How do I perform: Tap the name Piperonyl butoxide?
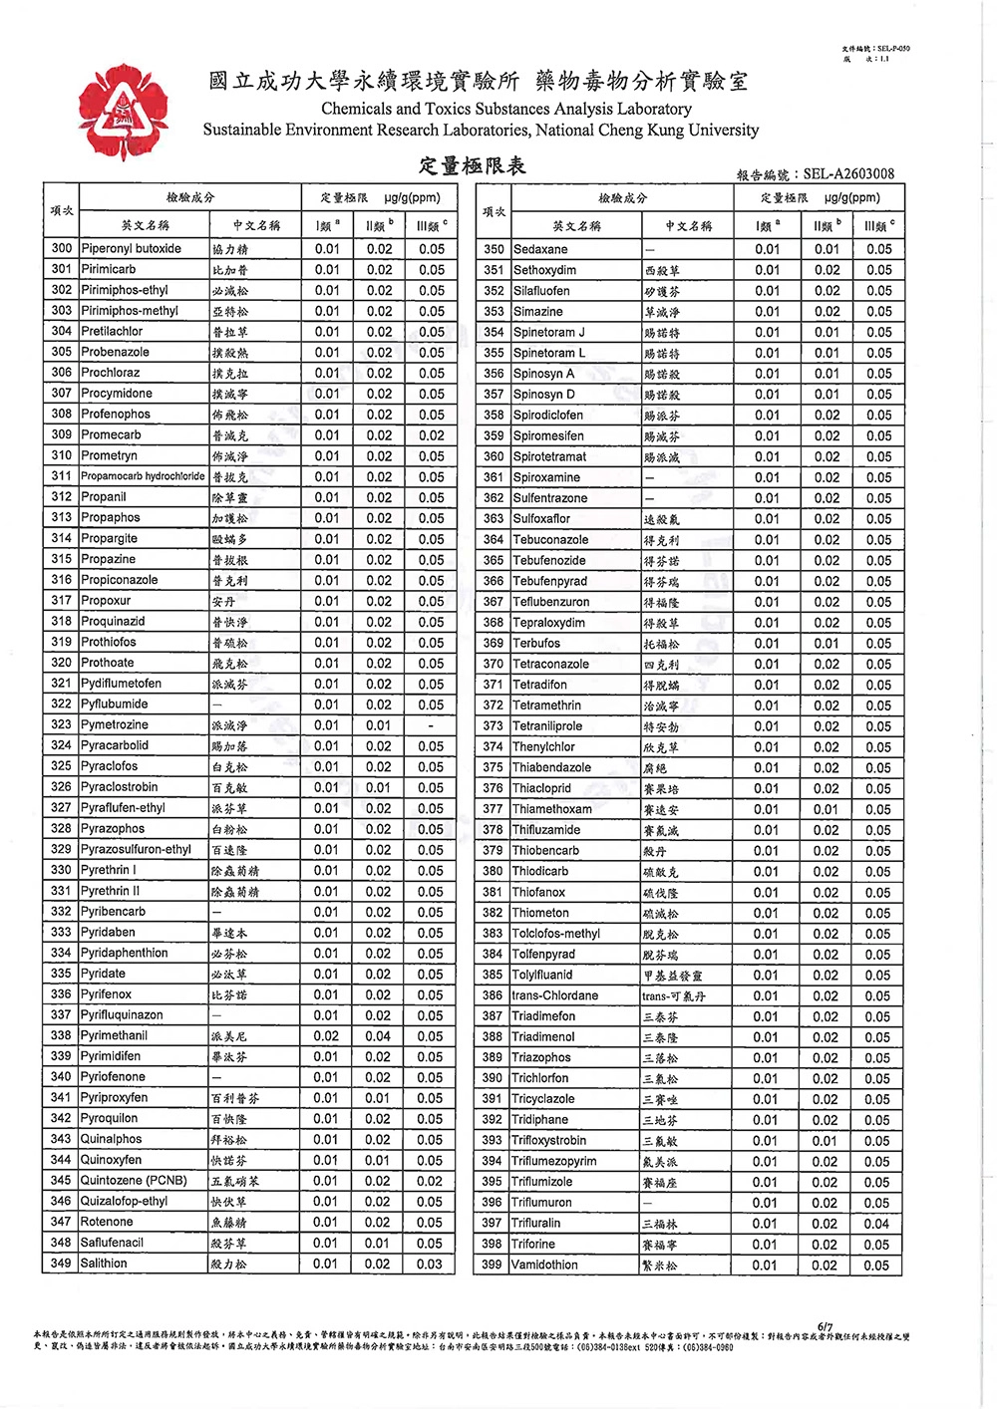131,249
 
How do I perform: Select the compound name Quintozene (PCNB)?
134,1181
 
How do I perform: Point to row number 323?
62,725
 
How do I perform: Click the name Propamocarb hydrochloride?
143,476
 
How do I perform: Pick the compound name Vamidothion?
545,1266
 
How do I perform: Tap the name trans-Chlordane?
555,995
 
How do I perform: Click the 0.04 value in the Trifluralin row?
877,1224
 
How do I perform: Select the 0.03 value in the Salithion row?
430,1264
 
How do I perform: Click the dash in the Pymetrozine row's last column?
431,725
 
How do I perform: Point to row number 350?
494,249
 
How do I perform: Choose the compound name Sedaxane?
540,249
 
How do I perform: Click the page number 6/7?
825,1326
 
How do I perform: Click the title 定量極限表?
472,165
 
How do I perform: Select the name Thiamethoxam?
552,809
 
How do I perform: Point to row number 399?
493,1266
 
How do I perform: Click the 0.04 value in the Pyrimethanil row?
378,1036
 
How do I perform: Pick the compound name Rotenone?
107,1222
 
